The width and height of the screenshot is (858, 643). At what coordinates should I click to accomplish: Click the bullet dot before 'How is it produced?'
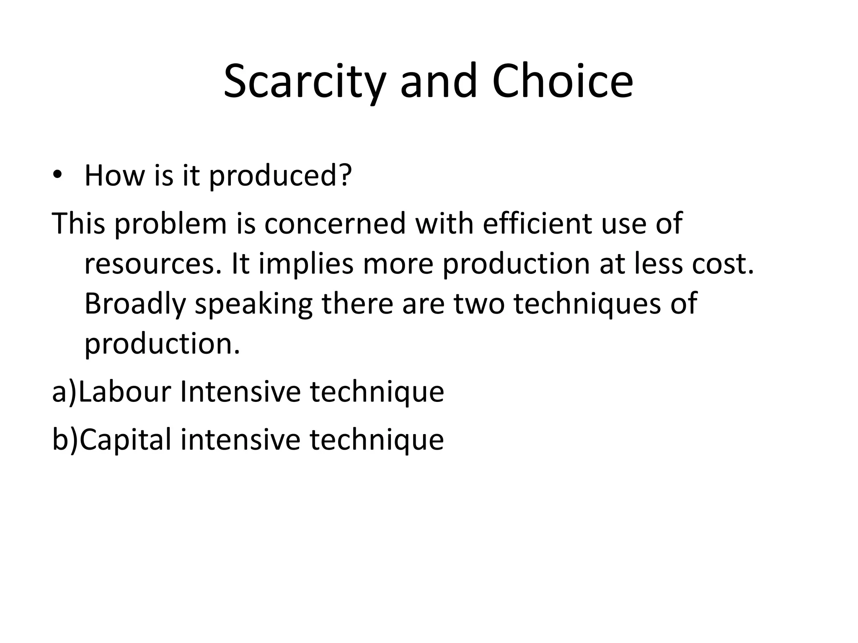click(x=57, y=175)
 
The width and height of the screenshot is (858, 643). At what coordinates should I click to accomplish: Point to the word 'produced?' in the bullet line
click(x=280, y=176)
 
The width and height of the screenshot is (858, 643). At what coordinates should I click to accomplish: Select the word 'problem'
click(x=170, y=224)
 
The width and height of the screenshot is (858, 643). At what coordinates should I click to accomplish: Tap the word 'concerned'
click(x=335, y=224)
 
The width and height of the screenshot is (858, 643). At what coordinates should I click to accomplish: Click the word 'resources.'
click(x=152, y=265)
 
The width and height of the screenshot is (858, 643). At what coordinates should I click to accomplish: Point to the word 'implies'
click(x=306, y=265)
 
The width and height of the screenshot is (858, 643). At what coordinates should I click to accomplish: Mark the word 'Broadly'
click(x=135, y=304)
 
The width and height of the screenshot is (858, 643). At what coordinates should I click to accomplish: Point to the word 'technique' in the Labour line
click(x=377, y=393)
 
